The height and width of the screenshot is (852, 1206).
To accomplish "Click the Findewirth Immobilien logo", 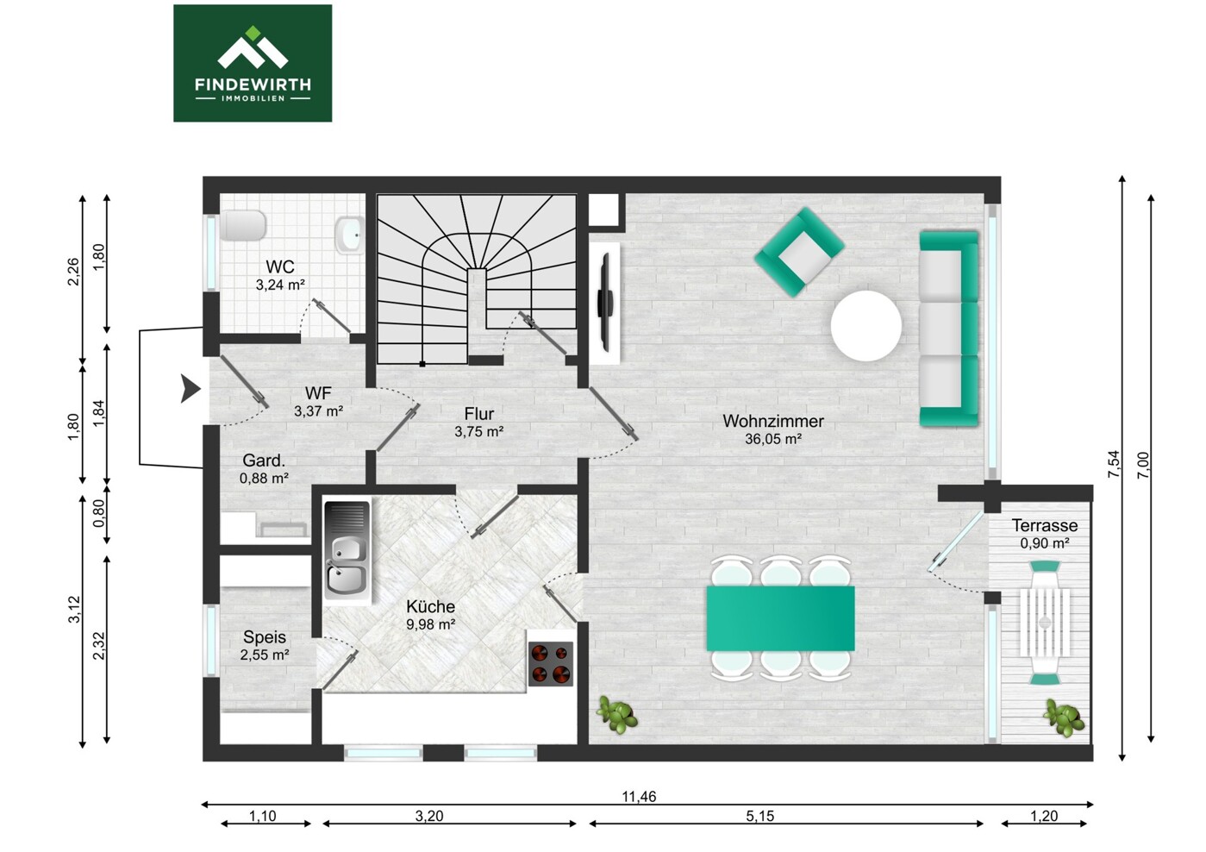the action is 253,63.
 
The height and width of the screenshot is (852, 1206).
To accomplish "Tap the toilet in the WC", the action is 243,225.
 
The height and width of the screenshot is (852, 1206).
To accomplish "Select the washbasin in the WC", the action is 349,235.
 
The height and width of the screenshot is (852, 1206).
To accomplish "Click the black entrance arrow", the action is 191,388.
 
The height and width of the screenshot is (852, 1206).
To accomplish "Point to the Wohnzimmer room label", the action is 773,421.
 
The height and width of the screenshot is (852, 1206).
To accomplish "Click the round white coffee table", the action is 865,326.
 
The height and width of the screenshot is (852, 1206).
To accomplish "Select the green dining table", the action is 780,618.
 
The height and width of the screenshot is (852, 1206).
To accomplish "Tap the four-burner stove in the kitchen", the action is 550,664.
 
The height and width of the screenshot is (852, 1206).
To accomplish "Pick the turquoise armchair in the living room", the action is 799,252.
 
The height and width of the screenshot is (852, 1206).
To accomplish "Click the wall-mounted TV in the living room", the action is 606,302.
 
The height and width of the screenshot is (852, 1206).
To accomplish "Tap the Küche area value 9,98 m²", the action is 431,624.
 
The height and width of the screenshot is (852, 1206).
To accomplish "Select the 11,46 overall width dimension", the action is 639,797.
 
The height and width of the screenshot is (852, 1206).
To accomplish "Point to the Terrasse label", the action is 1045,525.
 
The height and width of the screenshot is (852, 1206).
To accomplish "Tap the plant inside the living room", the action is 617,715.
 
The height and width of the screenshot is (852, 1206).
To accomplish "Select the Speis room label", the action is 265,637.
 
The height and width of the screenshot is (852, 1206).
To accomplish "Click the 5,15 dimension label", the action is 759,817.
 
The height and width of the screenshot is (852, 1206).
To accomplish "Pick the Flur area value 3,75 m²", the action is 479,432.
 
